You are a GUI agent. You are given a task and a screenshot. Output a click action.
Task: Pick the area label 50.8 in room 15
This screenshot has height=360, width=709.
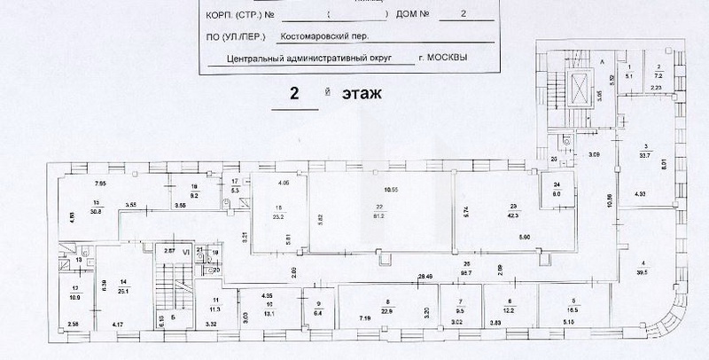pos(96,211)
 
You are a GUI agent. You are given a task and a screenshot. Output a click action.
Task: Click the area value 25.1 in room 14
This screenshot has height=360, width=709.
pos(123,287)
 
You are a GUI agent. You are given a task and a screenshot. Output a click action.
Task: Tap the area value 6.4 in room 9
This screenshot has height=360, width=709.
pos(316,312)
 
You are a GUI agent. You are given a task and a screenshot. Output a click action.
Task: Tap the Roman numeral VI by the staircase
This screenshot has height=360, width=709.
pos(185,252)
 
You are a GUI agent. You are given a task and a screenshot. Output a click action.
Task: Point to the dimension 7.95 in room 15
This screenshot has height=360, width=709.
pos(102,183)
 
